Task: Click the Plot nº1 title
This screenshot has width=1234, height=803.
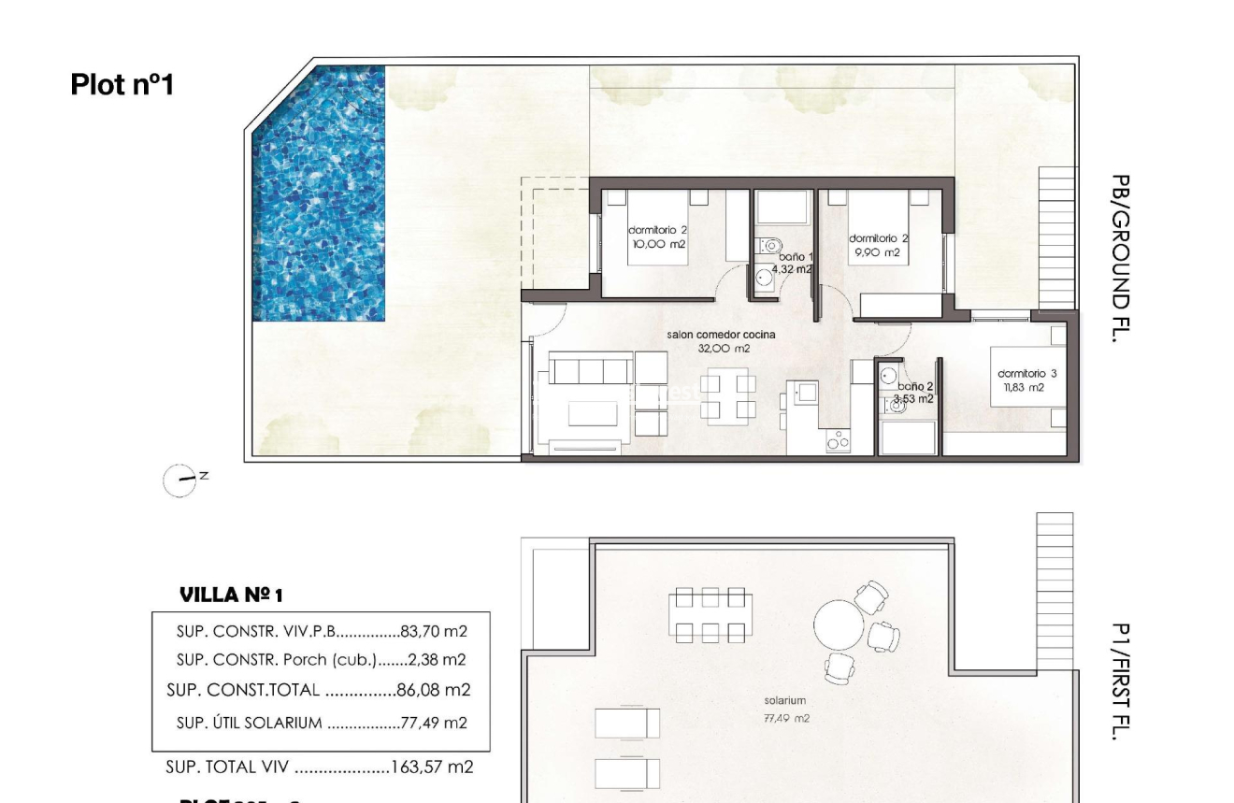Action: tap(122, 85)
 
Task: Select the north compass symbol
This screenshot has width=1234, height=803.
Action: tap(177, 479)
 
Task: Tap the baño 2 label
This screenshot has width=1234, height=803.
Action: tap(914, 386)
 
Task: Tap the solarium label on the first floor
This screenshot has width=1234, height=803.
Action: tap(784, 699)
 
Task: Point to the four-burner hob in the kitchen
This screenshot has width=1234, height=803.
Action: tap(839, 441)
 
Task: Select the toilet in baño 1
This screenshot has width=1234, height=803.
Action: tap(770, 247)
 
